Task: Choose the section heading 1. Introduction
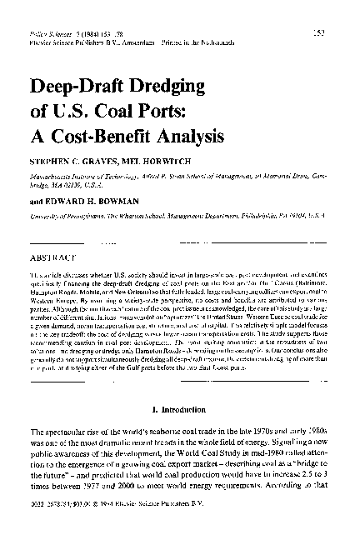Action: pyautogui.click(x=182, y=409)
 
